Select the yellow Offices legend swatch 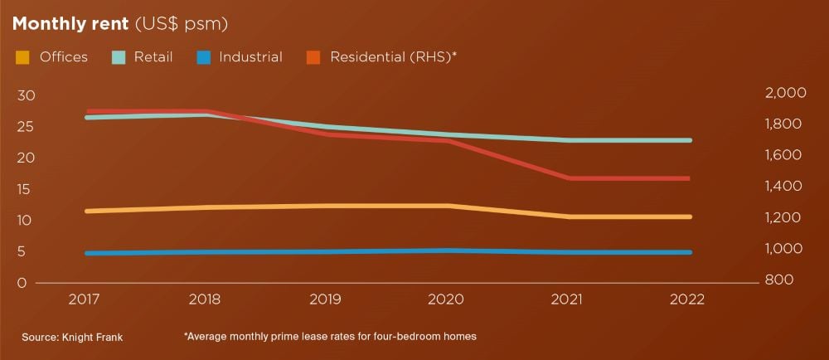pyautogui.click(x=23, y=57)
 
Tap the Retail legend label pyautogui.click(x=153, y=57)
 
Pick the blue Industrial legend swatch pyautogui.click(x=202, y=57)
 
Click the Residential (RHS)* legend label pyautogui.click(x=393, y=57)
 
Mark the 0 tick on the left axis pyautogui.click(x=22, y=283)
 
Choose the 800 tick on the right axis pyautogui.click(x=780, y=281)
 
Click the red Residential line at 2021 pyautogui.click(x=569, y=178)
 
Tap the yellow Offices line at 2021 pyautogui.click(x=569, y=216)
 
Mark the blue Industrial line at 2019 pyautogui.click(x=328, y=251)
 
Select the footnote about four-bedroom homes pyautogui.click(x=330, y=337)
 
